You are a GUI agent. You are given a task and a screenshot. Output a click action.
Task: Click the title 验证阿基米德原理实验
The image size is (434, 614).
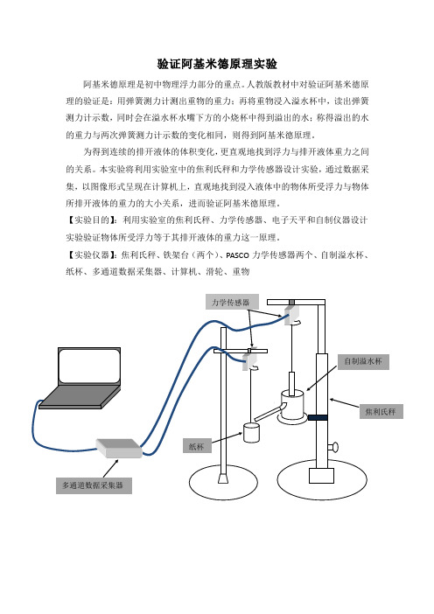[217, 64]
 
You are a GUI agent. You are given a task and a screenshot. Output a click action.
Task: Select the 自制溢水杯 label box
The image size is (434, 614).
[363, 362]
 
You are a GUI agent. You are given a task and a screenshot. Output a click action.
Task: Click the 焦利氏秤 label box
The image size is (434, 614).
[381, 412]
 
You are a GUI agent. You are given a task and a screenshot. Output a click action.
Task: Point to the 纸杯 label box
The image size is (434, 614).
[197, 446]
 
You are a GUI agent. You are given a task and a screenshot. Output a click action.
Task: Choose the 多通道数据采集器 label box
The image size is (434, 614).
[94, 485]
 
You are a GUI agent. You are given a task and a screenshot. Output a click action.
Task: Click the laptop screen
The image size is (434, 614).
[89, 366]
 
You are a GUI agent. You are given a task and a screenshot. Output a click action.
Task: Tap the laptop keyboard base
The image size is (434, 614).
[80, 397]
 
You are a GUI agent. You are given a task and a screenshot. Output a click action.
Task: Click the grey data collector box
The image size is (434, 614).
[119, 448]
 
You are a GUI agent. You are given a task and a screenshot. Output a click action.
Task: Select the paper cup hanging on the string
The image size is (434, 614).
[251, 433]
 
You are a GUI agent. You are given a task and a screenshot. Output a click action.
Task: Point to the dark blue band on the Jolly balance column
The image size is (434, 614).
[318, 418]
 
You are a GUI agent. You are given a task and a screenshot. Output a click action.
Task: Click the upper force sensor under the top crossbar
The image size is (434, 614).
[292, 315]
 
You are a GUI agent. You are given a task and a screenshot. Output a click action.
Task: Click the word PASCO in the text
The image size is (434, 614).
[238, 255]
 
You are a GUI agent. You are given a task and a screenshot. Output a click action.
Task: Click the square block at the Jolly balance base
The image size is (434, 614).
[322, 476]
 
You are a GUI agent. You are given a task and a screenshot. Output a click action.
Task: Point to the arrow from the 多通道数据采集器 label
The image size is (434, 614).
[111, 468]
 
